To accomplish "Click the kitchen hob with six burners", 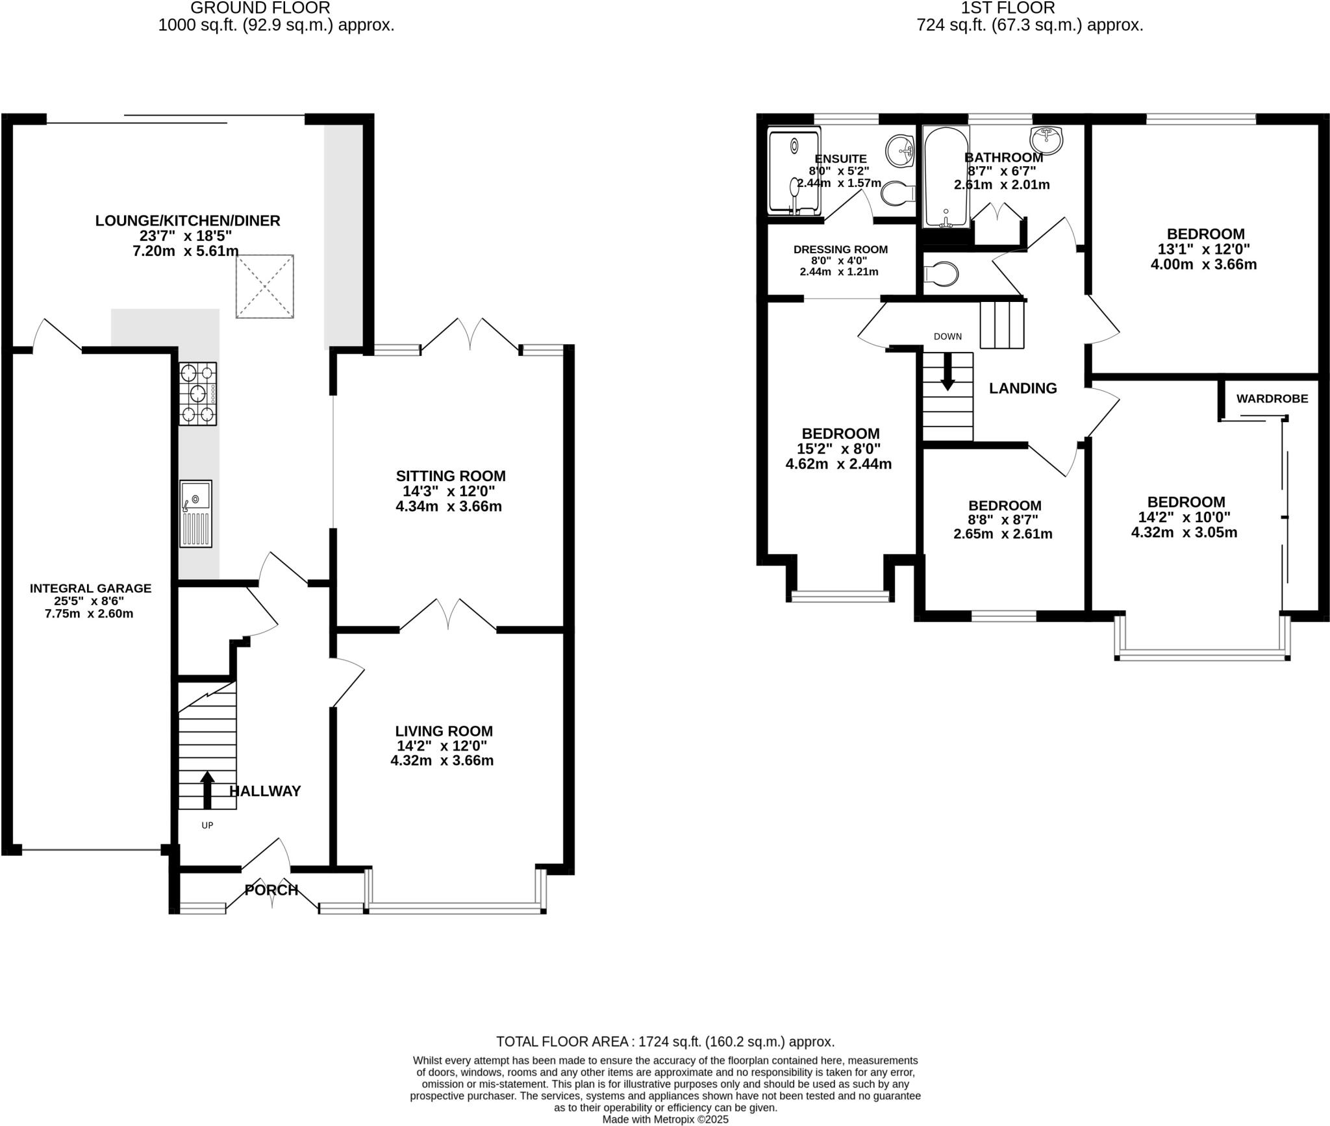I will click(198, 394).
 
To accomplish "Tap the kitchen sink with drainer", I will click(195, 514).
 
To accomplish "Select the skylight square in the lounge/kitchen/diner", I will click(264, 286).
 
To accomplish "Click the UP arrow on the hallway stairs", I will click(207, 789).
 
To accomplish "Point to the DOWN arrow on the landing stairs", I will click(947, 372).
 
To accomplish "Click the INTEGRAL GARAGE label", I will click(90, 588).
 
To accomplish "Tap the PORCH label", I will click(271, 890).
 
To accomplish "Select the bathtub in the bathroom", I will click(946, 177).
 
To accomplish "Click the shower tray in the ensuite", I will click(794, 171).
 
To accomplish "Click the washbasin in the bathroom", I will click(1046, 138).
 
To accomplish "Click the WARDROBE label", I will click(1272, 399).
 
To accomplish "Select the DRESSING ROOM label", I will click(840, 249).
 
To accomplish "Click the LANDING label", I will click(1022, 388).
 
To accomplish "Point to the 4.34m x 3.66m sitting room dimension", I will click(448, 507).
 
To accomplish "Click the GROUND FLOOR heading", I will click(260, 8).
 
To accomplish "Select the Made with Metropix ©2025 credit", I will click(665, 1120).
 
